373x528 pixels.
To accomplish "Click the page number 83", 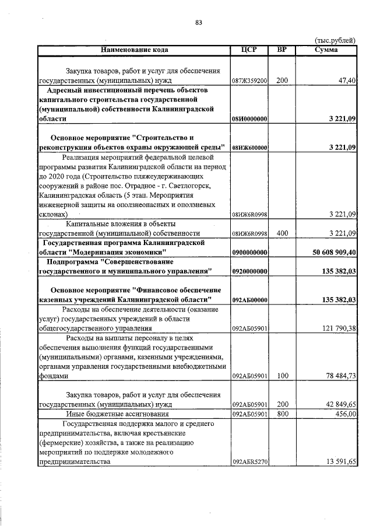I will (199, 23).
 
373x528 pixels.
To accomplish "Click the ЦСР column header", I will (249, 50).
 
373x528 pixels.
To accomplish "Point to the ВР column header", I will (281, 50).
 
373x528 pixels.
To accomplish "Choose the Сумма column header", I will (326, 50).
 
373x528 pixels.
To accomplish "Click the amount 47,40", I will (345, 81).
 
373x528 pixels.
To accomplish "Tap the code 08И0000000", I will (249, 119).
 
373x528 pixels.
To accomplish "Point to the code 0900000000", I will (249, 253).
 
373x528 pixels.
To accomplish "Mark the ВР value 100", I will (282, 376).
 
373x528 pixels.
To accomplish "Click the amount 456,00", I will (343, 414).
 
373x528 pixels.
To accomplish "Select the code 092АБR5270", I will (249, 462).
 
